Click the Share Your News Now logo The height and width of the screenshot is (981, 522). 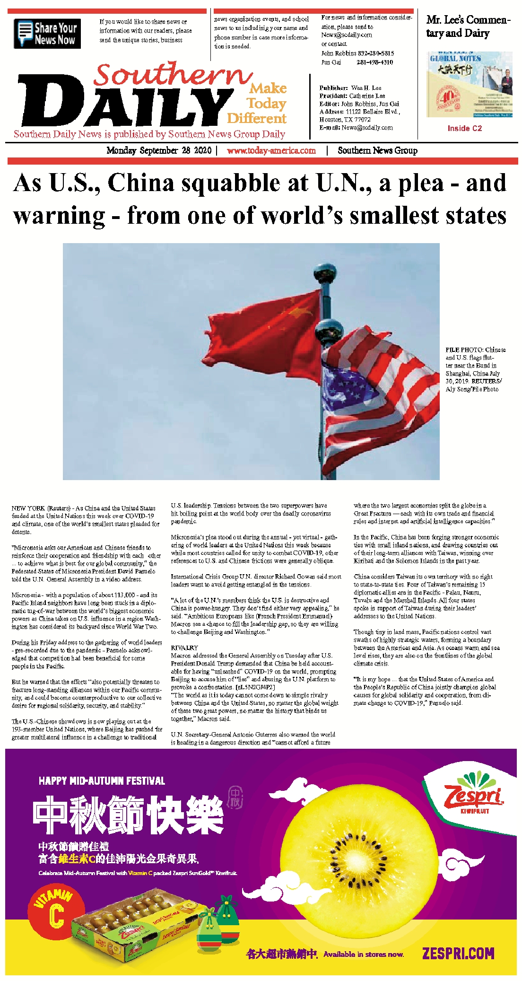47,34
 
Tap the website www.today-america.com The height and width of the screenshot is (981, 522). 271,150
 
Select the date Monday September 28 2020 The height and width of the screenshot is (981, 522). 159,150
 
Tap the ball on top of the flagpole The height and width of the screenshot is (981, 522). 325,274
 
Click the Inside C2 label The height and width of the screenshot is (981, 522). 465,128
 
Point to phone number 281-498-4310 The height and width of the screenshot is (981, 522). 374,62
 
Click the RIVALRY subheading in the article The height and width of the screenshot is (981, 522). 184,648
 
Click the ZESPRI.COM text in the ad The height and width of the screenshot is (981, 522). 458,953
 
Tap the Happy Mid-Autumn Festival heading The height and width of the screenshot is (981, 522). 102,781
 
